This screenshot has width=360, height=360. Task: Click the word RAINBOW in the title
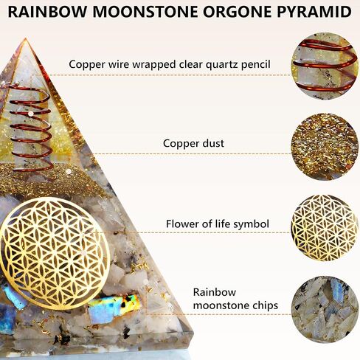point(47,12)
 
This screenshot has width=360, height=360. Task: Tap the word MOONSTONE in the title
point(145,12)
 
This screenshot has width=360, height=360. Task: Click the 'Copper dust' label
point(193,143)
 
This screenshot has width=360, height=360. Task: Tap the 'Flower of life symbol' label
point(218,224)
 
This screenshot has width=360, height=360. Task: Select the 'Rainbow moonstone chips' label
point(235,299)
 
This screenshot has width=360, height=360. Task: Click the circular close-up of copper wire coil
point(325,66)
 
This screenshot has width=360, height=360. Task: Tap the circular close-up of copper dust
point(325,147)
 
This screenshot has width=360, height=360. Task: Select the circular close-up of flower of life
point(325,228)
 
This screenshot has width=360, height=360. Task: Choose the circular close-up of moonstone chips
point(325,309)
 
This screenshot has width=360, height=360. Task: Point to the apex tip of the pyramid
point(26,38)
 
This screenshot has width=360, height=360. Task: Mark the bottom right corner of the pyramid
point(193,333)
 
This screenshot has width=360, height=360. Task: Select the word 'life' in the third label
point(225,224)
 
